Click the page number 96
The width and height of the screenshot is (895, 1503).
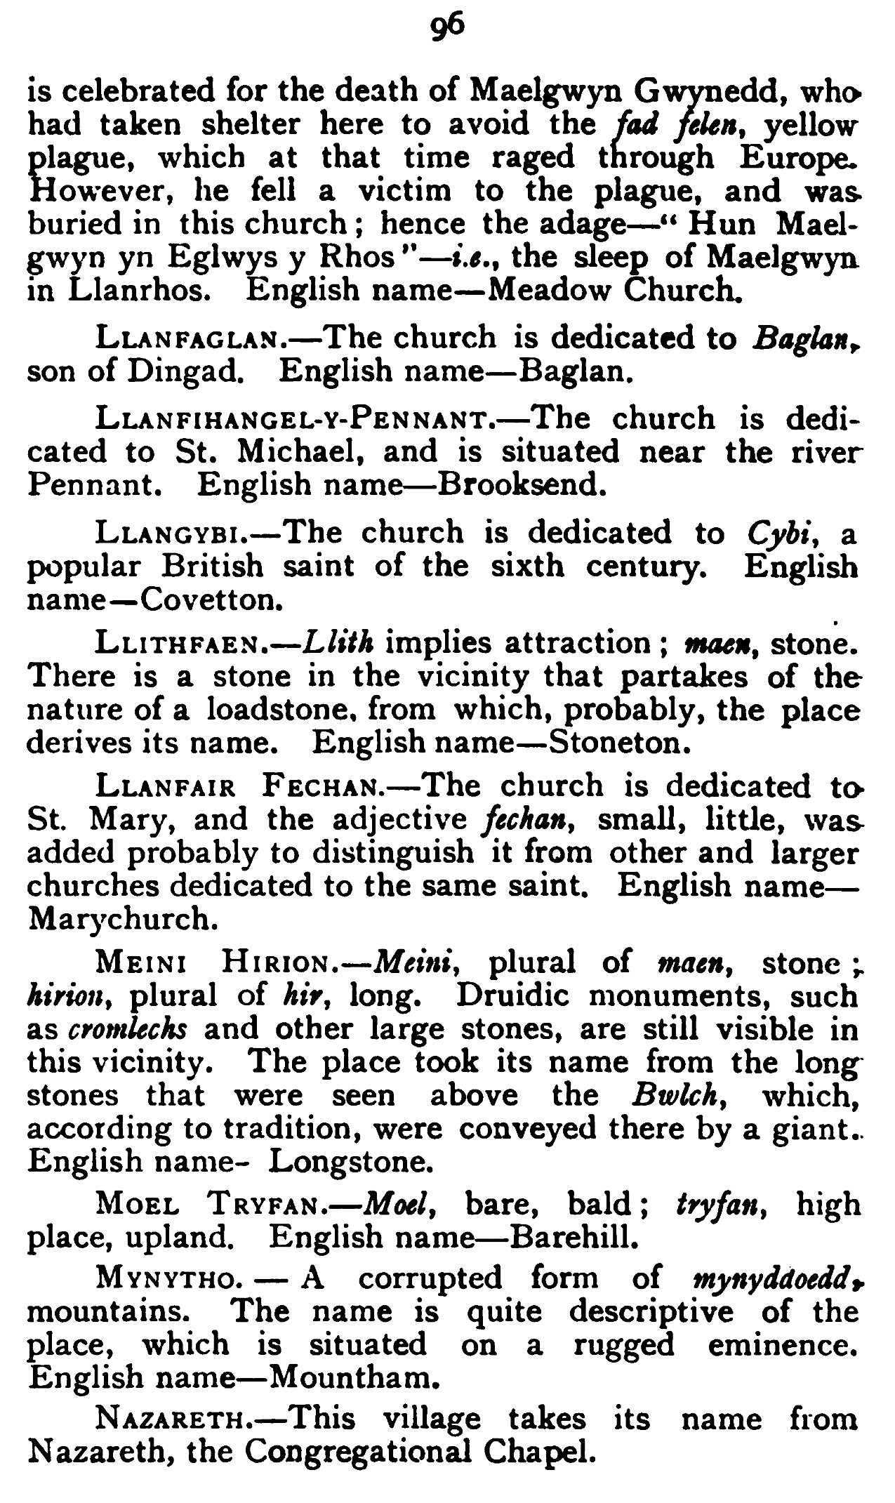pos(447,26)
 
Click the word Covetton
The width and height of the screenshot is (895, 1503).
pos(199,600)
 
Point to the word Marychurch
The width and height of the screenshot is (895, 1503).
pos(119,919)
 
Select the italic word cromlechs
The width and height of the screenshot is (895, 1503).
pos(127,1029)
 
